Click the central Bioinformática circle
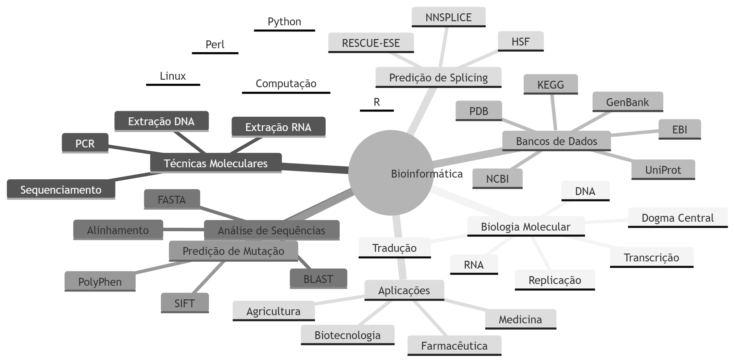[x=390, y=173]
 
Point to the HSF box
[x=520, y=41]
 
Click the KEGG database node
[x=550, y=84]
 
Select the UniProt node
[x=663, y=169]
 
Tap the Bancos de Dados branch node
[x=556, y=141]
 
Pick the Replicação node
[x=555, y=279]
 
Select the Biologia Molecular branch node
[x=525, y=226]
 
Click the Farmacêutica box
[x=454, y=345]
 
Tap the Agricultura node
[x=273, y=310]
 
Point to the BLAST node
[x=318, y=279]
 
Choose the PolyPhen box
[x=100, y=281]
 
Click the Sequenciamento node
[x=61, y=189]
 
